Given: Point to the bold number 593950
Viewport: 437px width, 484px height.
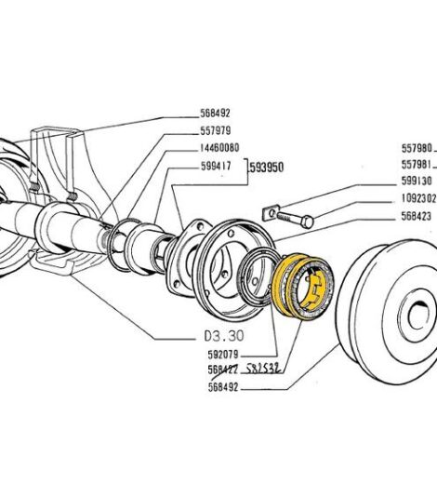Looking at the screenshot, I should pyautogui.click(x=269, y=169).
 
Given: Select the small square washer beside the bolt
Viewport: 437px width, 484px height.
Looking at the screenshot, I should pyautogui.click(x=271, y=213).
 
